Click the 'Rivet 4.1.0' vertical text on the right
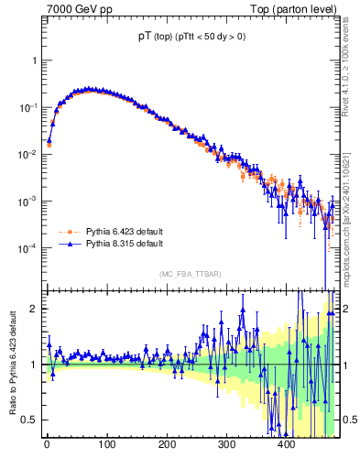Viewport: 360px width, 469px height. pos(352,60)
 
